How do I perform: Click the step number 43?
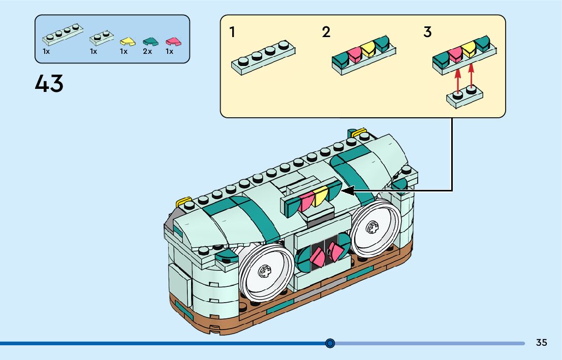point(49,83)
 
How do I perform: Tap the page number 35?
point(541,343)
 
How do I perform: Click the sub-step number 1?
point(232,32)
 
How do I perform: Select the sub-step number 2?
point(326,32)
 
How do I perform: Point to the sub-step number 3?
point(427,32)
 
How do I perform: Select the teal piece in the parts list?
point(149,41)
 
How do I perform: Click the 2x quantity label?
point(147,52)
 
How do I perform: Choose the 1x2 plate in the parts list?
point(101,38)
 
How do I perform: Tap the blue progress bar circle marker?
point(330,343)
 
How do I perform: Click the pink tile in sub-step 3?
point(455,53)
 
